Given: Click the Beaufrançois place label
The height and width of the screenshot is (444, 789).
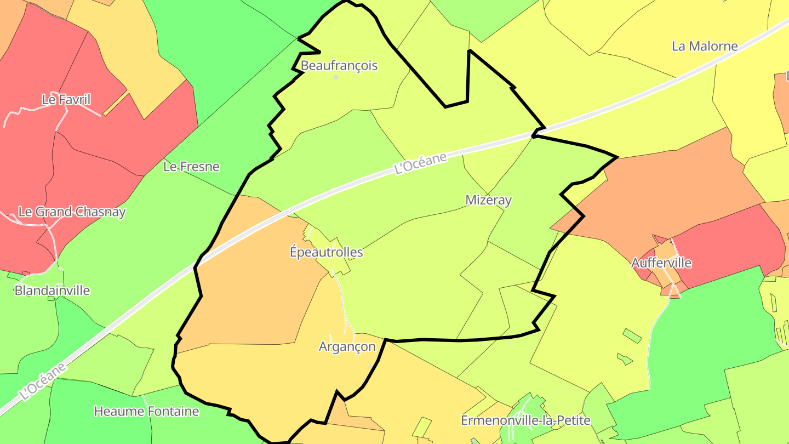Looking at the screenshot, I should pyautogui.click(x=339, y=66).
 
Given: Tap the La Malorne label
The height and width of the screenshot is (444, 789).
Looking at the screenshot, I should pyautogui.click(x=705, y=46).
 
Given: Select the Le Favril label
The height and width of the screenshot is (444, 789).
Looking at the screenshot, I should pyautogui.click(x=66, y=99).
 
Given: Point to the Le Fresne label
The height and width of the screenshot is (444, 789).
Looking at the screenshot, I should pyautogui.click(x=191, y=167).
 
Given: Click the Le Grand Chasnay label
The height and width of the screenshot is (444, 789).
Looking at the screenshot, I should pyautogui.click(x=72, y=212).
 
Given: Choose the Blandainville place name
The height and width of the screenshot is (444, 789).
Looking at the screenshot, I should pyautogui.click(x=52, y=291).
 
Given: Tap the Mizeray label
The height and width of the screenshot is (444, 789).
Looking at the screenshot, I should pyautogui.click(x=488, y=200).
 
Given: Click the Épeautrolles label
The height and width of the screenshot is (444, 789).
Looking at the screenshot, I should pyautogui.click(x=326, y=252).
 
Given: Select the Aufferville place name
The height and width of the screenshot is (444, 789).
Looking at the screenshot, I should pyautogui.click(x=661, y=263).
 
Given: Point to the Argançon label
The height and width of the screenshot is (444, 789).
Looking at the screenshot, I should pyautogui.click(x=347, y=346).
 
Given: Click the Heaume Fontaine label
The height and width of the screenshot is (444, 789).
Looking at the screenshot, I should pyautogui.click(x=146, y=411).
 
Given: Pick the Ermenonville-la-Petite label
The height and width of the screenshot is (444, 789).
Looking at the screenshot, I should pyautogui.click(x=525, y=420).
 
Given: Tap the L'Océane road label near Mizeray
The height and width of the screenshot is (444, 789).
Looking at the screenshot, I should pyautogui.click(x=420, y=163).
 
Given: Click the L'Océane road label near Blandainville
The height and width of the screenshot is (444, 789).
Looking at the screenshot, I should pyautogui.click(x=43, y=380).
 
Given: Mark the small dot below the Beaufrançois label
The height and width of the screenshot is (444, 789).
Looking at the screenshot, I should pyautogui.click(x=336, y=77).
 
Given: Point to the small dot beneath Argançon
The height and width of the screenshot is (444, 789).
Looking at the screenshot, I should pyautogui.click(x=371, y=365).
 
